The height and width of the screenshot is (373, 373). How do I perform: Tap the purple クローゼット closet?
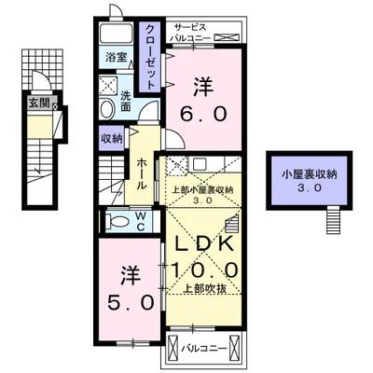[149, 56]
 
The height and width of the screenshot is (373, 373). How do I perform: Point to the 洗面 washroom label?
[127, 100]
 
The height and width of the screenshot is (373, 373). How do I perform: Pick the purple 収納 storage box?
[111, 139]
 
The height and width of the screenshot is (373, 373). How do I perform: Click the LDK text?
[203, 242]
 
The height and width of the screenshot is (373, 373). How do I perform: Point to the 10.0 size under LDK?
[203, 269]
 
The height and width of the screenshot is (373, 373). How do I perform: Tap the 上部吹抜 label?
[203, 289]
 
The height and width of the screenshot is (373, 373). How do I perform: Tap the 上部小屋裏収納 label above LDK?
[203, 189]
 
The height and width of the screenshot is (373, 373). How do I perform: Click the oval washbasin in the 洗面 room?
[108, 106]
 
